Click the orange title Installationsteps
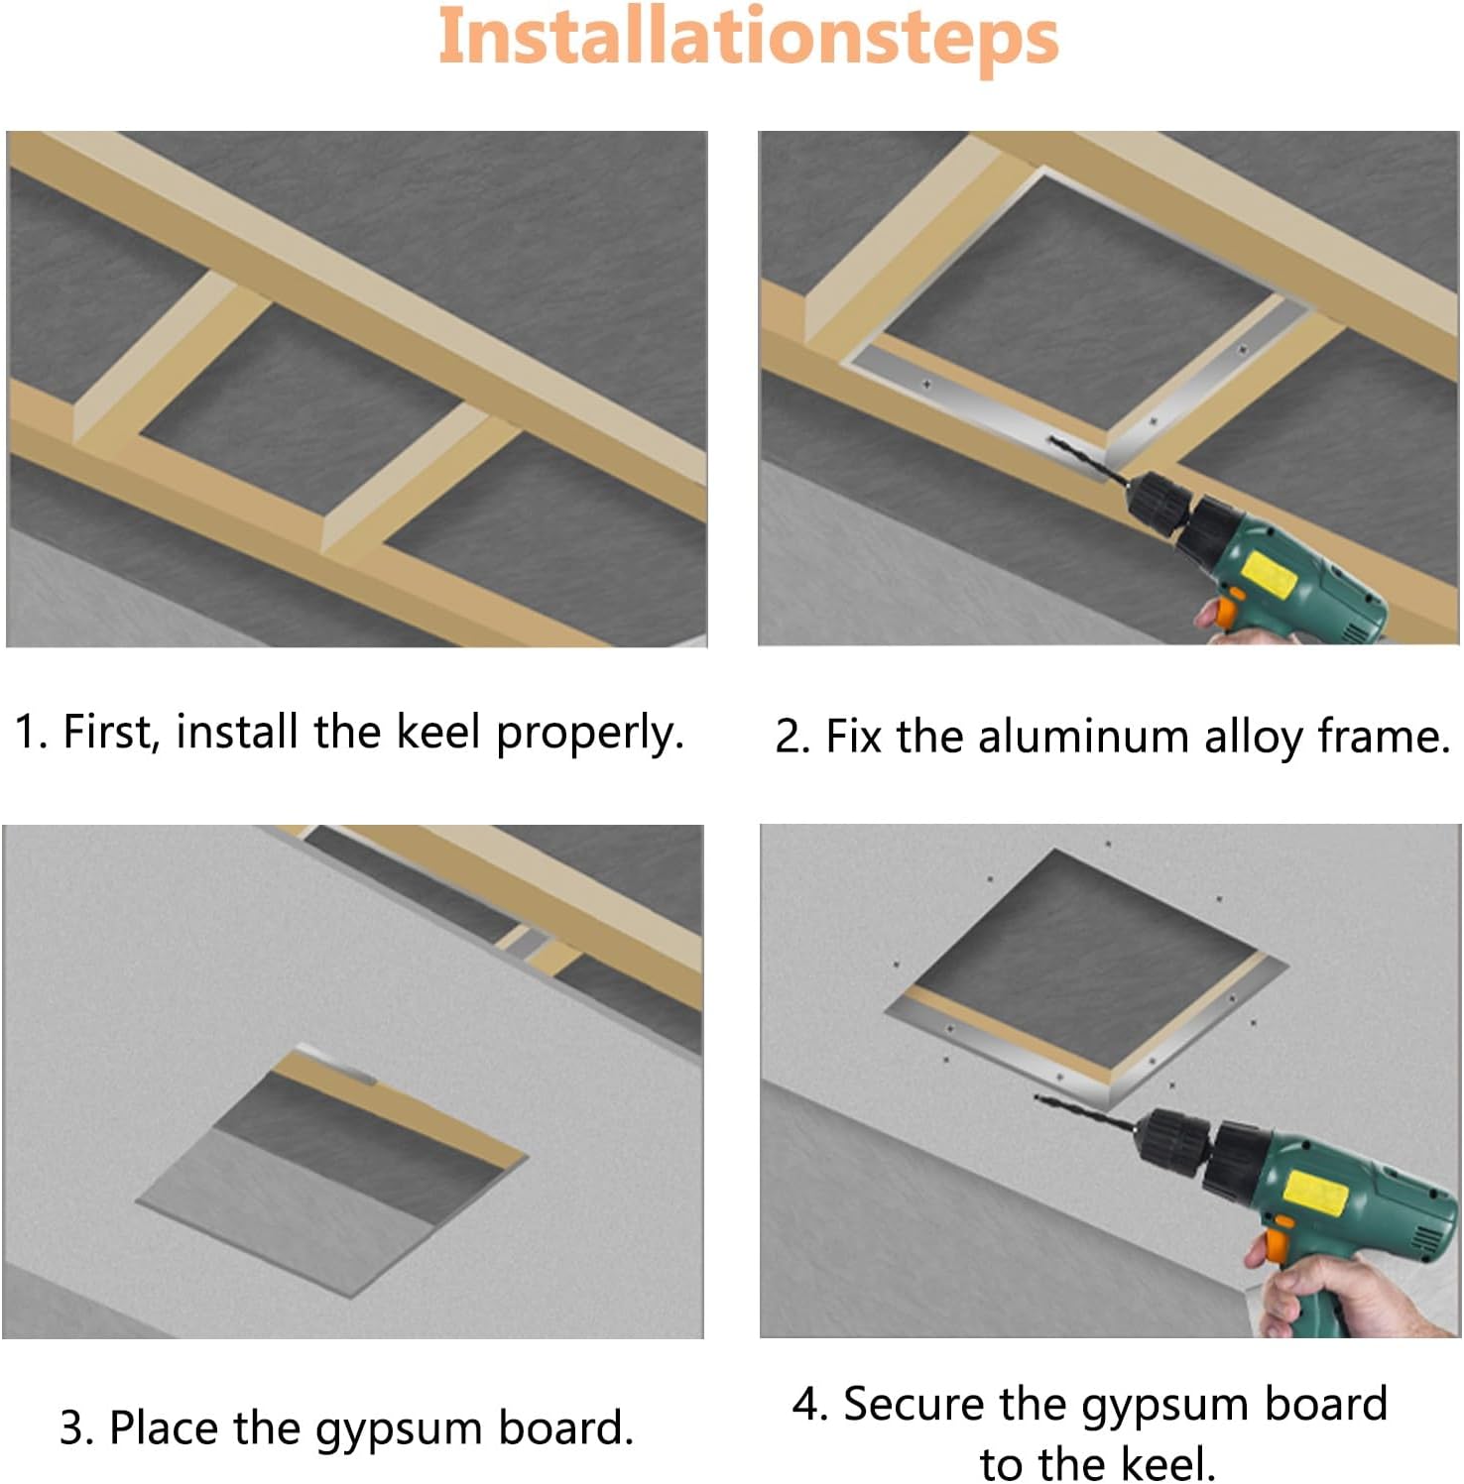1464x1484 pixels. [748, 38]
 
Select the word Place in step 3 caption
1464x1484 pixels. [166, 1427]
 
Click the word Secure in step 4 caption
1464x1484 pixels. [914, 1404]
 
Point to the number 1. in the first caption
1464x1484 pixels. [30, 733]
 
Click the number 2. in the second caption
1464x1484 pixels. [793, 738]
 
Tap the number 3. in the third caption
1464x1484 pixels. [76, 1428]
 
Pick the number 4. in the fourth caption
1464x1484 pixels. [809, 1405]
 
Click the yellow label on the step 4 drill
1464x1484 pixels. [1314, 1193]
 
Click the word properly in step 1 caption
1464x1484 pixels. [589, 734]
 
